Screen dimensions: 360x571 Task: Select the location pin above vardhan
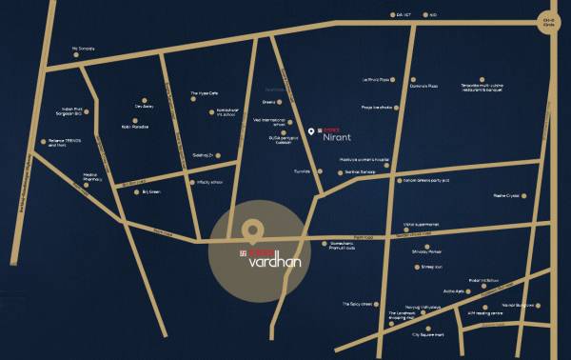(251, 230)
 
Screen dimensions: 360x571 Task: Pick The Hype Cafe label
(205, 93)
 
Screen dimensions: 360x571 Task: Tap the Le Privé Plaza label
(378, 80)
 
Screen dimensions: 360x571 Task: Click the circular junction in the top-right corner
(549, 26)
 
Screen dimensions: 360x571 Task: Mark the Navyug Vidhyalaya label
(408, 299)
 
